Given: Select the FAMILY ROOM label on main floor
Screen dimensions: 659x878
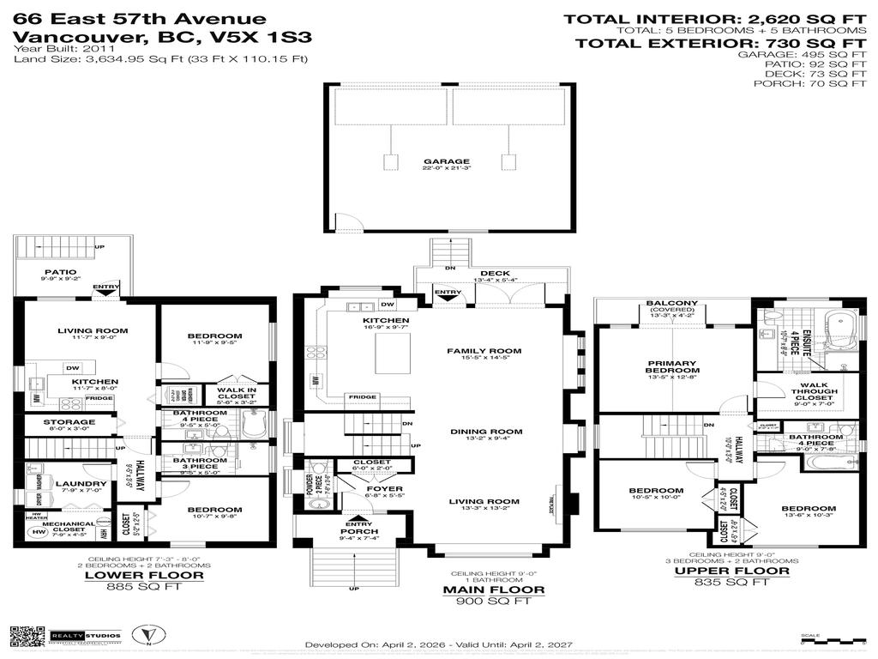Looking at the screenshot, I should (484, 351).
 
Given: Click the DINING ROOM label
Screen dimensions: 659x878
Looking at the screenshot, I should (486, 432).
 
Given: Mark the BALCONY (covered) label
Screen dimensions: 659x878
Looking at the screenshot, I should (672, 303).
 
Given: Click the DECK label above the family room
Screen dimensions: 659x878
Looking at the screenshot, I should (495, 273).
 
